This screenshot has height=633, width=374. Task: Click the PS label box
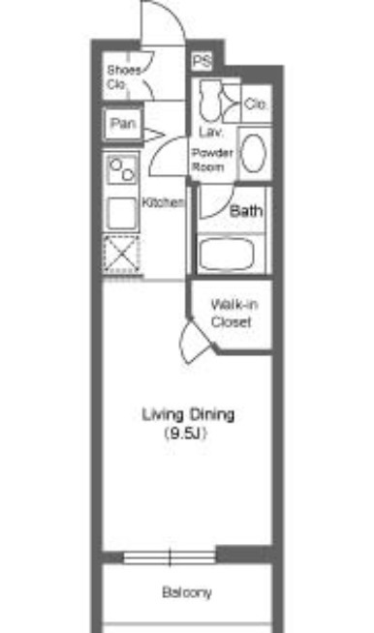click(202, 61)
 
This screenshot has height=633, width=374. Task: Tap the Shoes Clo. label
click(124, 77)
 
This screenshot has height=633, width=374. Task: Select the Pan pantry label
click(123, 123)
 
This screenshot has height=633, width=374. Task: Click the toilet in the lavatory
click(210, 101)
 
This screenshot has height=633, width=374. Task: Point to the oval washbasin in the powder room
click(254, 153)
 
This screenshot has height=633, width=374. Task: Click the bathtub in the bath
click(226, 255)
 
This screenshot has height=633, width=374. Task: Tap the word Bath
click(246, 211)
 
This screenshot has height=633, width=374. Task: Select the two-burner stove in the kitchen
click(122, 169)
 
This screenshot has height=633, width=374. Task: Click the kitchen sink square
click(121, 214)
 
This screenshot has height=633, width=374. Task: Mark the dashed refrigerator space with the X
click(122, 255)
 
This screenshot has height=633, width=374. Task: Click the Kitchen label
click(164, 202)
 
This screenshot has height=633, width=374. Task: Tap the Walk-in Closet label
click(234, 313)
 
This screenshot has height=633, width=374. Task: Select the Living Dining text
click(188, 414)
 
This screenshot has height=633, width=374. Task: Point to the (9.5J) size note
click(186, 434)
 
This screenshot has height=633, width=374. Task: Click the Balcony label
click(187, 592)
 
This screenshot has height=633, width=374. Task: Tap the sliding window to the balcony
click(170, 558)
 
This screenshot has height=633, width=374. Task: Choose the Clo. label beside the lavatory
click(257, 105)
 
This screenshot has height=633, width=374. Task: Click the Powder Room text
click(212, 160)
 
